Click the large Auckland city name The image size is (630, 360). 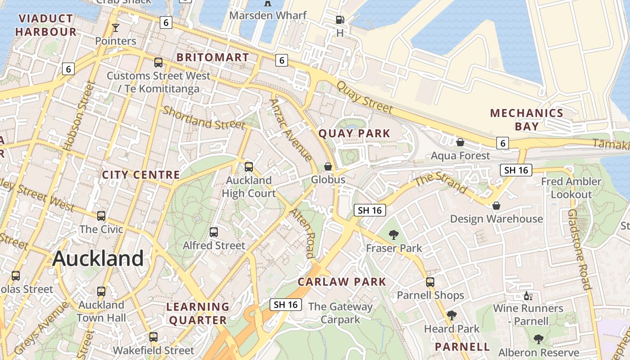[98, 259]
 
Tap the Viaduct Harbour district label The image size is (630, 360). [45, 25]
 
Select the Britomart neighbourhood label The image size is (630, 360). [212, 58]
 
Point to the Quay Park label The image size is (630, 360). [354, 134]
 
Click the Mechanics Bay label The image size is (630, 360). [526, 120]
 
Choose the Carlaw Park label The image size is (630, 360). [342, 282]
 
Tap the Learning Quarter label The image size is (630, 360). [198, 314]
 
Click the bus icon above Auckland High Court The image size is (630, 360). [249, 167]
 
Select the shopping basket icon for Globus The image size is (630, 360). [328, 166]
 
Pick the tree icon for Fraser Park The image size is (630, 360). [394, 234]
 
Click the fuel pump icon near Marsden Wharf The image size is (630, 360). [340, 20]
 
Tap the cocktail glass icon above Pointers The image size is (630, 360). [116, 28]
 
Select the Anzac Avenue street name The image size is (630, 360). [291, 130]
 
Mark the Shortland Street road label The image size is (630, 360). [204, 117]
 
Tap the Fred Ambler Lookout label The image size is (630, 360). [571, 188]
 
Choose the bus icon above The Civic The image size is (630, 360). [101, 216]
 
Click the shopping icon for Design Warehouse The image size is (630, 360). [496, 206]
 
